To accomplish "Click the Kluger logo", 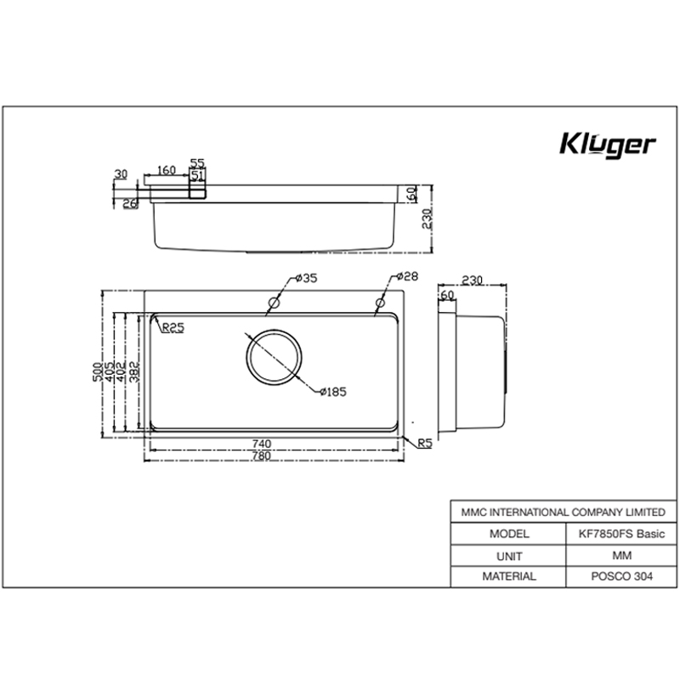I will [x=607, y=144].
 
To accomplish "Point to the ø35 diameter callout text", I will [x=305, y=278].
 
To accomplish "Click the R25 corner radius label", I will [x=173, y=327].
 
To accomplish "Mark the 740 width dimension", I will [x=262, y=444].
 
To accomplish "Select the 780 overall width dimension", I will [x=262, y=456].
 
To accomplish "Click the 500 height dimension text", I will [x=98, y=371].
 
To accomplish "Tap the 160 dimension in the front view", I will [x=166, y=170].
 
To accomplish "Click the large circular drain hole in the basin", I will [x=274, y=356].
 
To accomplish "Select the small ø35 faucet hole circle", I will [x=274, y=303].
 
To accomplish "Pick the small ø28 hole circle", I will [x=377, y=303].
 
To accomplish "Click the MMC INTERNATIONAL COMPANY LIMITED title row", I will [x=563, y=513].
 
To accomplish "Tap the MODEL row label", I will [x=508, y=534].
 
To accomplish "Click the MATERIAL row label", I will [x=508, y=575].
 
